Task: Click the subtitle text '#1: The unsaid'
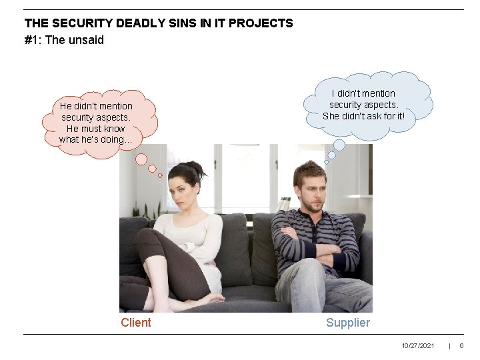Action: point(64,40)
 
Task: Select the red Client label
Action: point(136,323)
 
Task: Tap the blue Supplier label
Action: point(347,323)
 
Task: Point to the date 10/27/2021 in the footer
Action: point(418,345)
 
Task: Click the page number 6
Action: point(461,345)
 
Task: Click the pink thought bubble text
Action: point(96,123)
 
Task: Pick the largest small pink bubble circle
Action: point(141,159)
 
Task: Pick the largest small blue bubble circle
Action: point(339,145)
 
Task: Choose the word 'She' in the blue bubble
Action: point(331,116)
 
